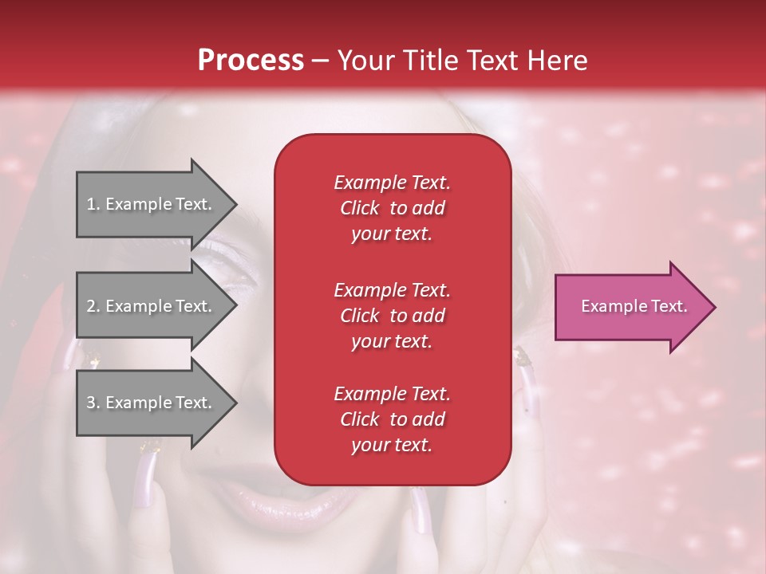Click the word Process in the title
point(251,61)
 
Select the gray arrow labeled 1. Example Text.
point(152,204)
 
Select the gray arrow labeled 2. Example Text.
point(152,306)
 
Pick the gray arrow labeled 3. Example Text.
point(152,403)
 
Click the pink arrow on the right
point(630,307)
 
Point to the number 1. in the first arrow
point(93,204)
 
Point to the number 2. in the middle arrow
point(93,306)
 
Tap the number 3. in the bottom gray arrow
point(93,403)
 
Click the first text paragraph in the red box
point(392,208)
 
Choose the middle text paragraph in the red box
point(392,316)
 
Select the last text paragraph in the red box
point(392,419)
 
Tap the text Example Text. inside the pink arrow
point(634,306)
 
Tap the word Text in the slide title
point(492,61)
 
